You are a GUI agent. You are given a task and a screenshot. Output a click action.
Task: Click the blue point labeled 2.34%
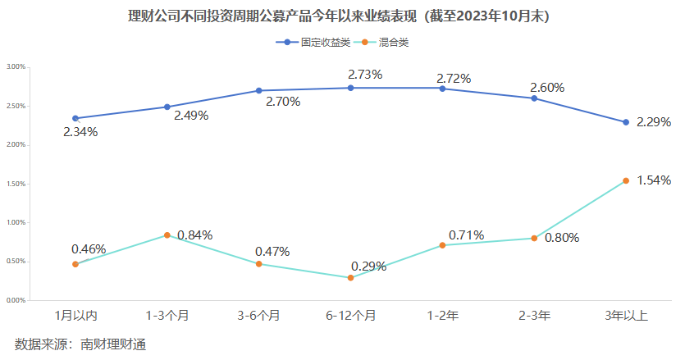pos(75,119)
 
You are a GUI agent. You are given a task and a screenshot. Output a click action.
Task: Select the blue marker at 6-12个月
pos(350,88)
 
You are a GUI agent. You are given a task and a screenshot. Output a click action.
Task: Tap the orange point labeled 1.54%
pos(626,180)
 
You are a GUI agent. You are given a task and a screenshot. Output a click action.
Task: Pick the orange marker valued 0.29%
pos(350,278)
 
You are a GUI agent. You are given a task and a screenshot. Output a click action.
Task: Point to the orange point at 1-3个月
pos(167,235)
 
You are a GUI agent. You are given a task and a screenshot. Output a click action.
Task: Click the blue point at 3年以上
pos(626,122)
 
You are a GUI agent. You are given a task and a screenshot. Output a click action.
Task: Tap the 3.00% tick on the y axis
pos(16,66)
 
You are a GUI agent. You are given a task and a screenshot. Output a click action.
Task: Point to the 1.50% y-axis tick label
pos(16,184)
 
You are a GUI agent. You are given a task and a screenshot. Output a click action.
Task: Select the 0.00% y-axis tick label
pos(16,301)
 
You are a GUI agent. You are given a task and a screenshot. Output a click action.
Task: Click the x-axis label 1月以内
pos(75,315)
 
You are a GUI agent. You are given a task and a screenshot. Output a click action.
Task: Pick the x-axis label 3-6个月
pos(258,315)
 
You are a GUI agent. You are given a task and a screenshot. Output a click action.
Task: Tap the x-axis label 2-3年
pos(534,315)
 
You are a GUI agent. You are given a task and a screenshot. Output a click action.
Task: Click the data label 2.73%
pos(365,75)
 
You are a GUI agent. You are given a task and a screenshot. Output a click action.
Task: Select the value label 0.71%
pos(466,235)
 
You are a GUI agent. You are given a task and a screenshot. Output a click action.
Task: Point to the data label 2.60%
pos(547,87)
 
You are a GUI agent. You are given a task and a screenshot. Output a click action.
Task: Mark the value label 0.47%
pos(272,251)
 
